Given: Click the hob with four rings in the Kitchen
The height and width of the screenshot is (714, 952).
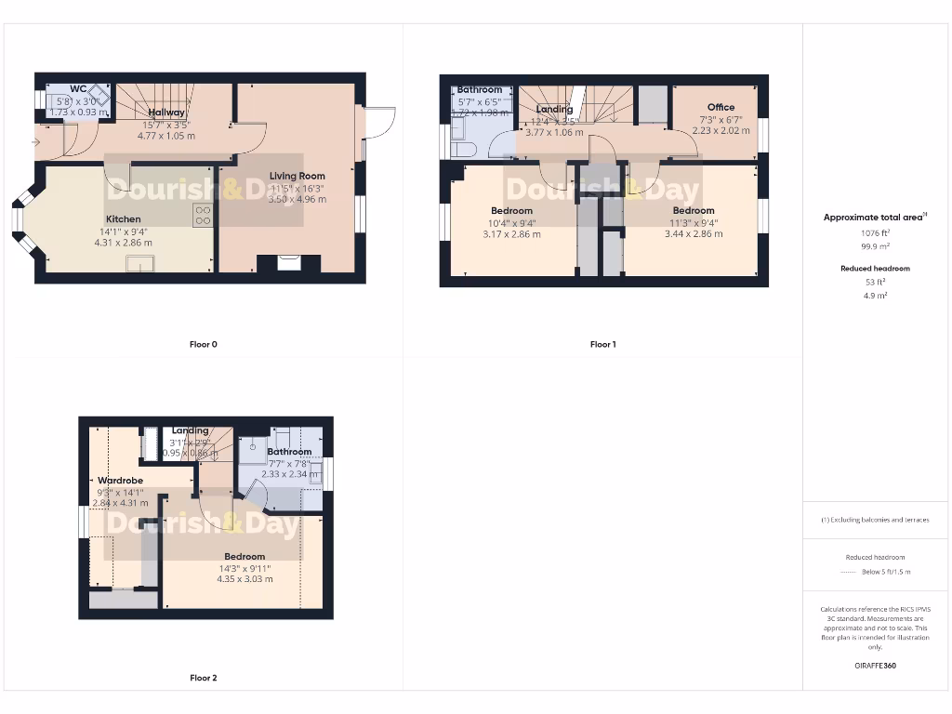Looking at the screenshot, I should click(203, 216).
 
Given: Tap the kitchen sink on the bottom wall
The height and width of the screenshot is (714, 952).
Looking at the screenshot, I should click(141, 265).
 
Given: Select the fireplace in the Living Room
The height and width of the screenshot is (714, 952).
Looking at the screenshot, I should click(289, 264).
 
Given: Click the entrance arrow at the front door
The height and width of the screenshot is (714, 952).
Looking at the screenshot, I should click(35, 142).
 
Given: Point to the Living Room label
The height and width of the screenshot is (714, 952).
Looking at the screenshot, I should click(297, 176).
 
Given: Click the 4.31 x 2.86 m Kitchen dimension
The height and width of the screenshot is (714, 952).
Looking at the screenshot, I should click(123, 243).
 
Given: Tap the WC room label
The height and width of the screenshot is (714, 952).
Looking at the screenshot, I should click(78, 89).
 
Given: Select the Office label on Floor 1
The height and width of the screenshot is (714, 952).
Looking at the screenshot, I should click(721, 108).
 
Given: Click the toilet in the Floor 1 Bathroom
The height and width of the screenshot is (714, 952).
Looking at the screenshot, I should click(462, 148).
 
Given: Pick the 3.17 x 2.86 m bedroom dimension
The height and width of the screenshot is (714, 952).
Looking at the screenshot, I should click(511, 234).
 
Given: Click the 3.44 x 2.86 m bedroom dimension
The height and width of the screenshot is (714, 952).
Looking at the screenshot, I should click(694, 234).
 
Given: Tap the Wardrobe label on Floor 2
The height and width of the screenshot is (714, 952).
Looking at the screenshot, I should click(119, 481).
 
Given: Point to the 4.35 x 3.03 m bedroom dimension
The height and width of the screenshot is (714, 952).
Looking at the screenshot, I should click(245, 579).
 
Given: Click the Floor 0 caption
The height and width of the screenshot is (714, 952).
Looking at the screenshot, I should click(203, 344).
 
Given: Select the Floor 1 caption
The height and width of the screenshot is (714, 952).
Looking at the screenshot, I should click(602, 344).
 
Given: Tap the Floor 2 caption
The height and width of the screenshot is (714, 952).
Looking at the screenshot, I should click(203, 678).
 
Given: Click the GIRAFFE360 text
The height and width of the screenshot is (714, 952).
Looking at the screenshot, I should click(875, 666).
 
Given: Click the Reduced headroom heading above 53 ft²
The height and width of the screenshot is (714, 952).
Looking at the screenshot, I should click(875, 269).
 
